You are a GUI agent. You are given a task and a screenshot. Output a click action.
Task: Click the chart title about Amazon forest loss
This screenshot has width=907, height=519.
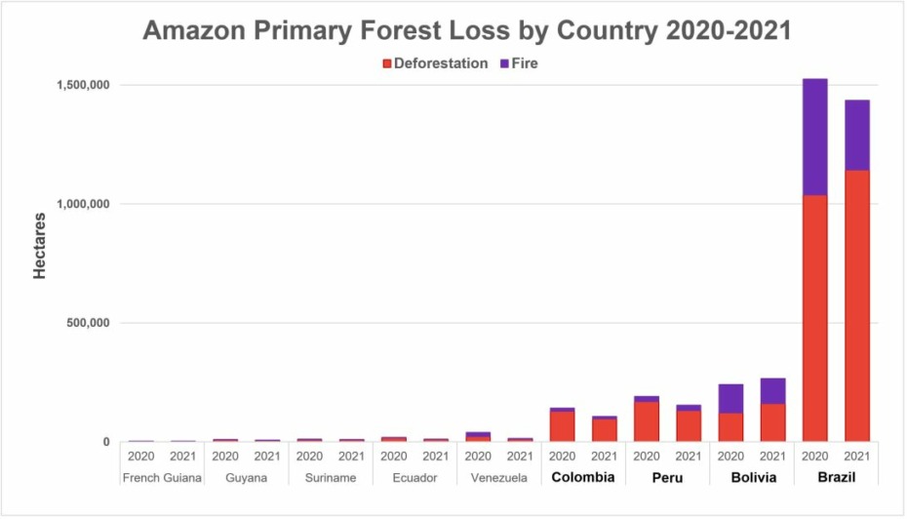click(466, 29)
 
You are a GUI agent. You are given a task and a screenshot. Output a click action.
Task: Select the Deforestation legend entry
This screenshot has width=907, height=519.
click(434, 63)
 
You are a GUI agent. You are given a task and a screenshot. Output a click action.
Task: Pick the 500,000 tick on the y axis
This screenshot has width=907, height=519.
click(83, 323)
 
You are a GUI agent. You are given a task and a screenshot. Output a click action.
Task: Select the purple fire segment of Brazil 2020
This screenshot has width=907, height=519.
click(814, 137)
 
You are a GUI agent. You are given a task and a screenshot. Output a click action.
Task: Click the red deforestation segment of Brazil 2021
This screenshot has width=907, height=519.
click(857, 302)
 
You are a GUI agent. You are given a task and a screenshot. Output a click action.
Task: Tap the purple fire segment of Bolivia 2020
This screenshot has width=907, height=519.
click(730, 398)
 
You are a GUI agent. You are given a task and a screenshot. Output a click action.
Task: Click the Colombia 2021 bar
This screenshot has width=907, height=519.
click(605, 430)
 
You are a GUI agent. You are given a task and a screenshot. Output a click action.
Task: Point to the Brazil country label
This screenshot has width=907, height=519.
click(836, 477)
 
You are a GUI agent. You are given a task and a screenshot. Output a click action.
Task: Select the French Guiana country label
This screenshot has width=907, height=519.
click(162, 477)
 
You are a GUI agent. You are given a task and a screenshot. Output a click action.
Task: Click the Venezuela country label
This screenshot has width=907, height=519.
click(498, 477)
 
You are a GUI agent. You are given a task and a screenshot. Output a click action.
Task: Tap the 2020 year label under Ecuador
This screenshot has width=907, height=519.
click(393, 455)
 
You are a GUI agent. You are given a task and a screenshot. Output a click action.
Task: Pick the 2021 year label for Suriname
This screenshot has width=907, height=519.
click(351, 455)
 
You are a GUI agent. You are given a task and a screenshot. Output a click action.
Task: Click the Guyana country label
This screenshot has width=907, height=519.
click(246, 477)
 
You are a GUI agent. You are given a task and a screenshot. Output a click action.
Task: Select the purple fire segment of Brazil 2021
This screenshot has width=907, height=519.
click(857, 135)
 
